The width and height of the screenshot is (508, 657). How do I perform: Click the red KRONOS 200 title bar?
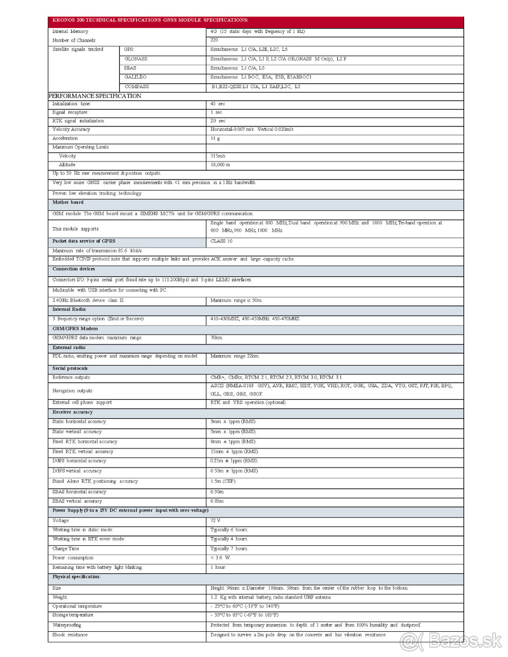coord(256,20)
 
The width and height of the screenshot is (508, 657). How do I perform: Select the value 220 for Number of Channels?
coord(214,40)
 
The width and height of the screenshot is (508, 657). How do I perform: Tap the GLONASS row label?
coord(136,59)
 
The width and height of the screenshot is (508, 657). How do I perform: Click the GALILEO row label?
coord(135,77)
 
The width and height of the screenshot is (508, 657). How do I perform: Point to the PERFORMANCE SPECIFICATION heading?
coord(95,96)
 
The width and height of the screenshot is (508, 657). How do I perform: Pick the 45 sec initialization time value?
coord(218,103)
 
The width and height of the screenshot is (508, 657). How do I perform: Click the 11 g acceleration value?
coord(215,139)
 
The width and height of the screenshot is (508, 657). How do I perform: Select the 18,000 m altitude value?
coord(220,165)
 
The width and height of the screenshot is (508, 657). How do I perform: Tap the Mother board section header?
coord(68,203)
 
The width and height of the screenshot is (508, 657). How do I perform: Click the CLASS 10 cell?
coord(221,241)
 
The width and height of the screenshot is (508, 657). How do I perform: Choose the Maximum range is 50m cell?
coord(236,301)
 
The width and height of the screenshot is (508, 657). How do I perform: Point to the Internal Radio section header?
coord(69,309)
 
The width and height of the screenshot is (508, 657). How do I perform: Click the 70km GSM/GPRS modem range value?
coord(216,338)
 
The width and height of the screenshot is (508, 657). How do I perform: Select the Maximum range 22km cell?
coord(235,356)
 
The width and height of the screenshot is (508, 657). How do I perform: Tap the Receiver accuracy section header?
coord(72,412)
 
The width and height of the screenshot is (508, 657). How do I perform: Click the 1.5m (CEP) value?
coord(224,481)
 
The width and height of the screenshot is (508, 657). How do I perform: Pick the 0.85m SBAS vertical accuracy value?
coord(217,501)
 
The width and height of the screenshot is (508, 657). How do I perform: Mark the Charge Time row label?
coord(66,549)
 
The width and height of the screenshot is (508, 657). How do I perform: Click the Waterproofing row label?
coord(67,625)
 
